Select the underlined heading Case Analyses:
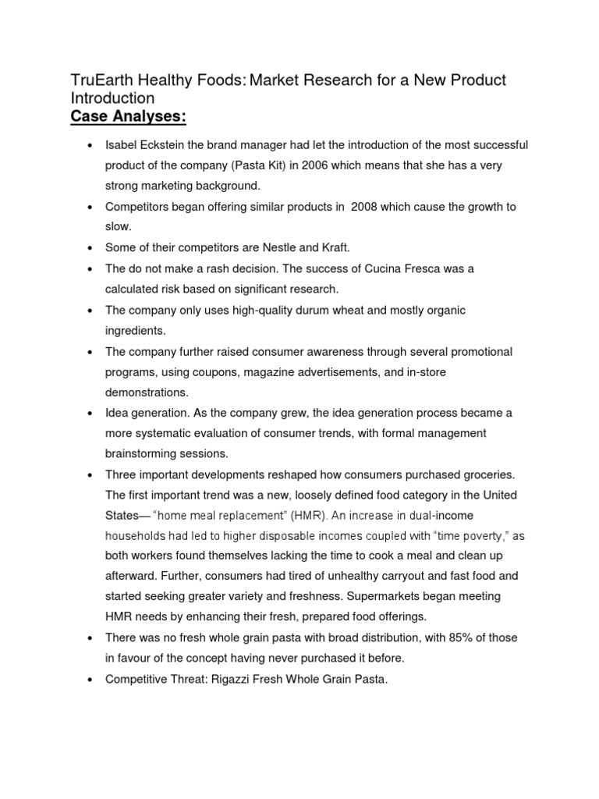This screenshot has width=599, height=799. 129,118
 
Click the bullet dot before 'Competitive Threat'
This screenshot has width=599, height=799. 90,680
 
